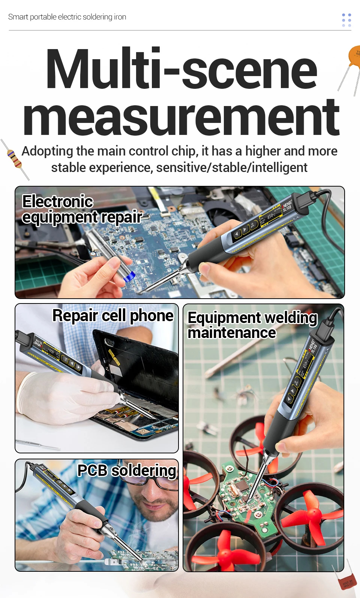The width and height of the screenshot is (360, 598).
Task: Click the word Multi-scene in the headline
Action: pyautogui.click(x=182, y=68)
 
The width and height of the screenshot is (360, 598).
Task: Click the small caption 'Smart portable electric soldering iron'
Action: pyautogui.click(x=67, y=17)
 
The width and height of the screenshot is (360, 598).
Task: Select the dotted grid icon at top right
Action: pyautogui.click(x=346, y=20)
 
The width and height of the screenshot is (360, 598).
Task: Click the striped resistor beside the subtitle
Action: pyautogui.click(x=15, y=160)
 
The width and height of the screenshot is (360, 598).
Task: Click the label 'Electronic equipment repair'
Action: pyautogui.click(x=82, y=209)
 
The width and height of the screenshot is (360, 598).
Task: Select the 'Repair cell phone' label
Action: pyautogui.click(x=113, y=315)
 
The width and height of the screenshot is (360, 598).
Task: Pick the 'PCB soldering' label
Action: pyautogui.click(x=127, y=470)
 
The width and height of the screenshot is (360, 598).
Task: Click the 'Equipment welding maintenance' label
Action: pyautogui.click(x=252, y=325)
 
